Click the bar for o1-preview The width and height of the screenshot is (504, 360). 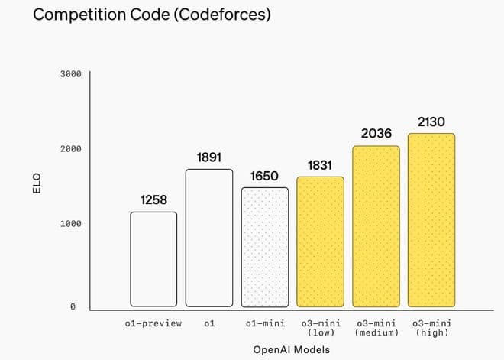(x=153, y=259)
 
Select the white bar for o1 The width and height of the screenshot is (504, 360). (x=209, y=238)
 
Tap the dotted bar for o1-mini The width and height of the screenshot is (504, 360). (x=265, y=247)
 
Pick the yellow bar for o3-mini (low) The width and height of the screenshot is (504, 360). (x=320, y=242)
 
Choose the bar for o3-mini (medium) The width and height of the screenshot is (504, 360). (x=376, y=226)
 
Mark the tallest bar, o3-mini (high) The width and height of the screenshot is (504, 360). (x=431, y=220)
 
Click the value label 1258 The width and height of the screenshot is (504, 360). (x=153, y=200)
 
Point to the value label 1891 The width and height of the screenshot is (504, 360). (x=209, y=157)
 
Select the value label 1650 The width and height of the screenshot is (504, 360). (x=265, y=176)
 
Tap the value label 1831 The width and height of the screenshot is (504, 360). (x=320, y=165)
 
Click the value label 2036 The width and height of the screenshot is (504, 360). (x=376, y=134)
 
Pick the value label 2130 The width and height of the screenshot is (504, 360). (x=431, y=122)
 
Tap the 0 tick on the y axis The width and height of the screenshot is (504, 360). (x=73, y=306)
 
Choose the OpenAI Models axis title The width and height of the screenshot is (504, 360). (x=291, y=349)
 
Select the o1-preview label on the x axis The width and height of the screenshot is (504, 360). (x=153, y=323)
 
